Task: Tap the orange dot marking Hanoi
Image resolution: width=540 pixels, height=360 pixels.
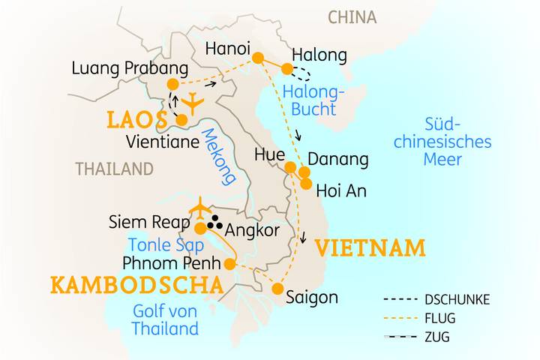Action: [x=257, y=58]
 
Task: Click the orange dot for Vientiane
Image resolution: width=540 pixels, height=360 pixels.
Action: [x=181, y=119]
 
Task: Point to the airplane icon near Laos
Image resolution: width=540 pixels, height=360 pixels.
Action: [x=194, y=103]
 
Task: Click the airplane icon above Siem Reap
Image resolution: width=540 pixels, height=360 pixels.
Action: [x=200, y=206]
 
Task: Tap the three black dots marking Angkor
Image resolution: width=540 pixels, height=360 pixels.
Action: [x=215, y=221]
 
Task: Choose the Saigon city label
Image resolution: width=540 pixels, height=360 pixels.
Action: [x=311, y=297]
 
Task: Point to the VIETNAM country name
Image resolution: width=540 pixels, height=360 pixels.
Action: [x=370, y=247]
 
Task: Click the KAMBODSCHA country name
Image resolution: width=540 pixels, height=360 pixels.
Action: [x=136, y=285]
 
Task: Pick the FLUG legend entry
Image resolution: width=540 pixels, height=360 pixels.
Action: [x=439, y=318]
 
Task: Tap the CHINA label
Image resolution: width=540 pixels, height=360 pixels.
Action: [x=352, y=16]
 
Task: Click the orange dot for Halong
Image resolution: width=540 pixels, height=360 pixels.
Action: [x=286, y=70]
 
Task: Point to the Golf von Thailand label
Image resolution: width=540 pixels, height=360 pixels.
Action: [x=165, y=319]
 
